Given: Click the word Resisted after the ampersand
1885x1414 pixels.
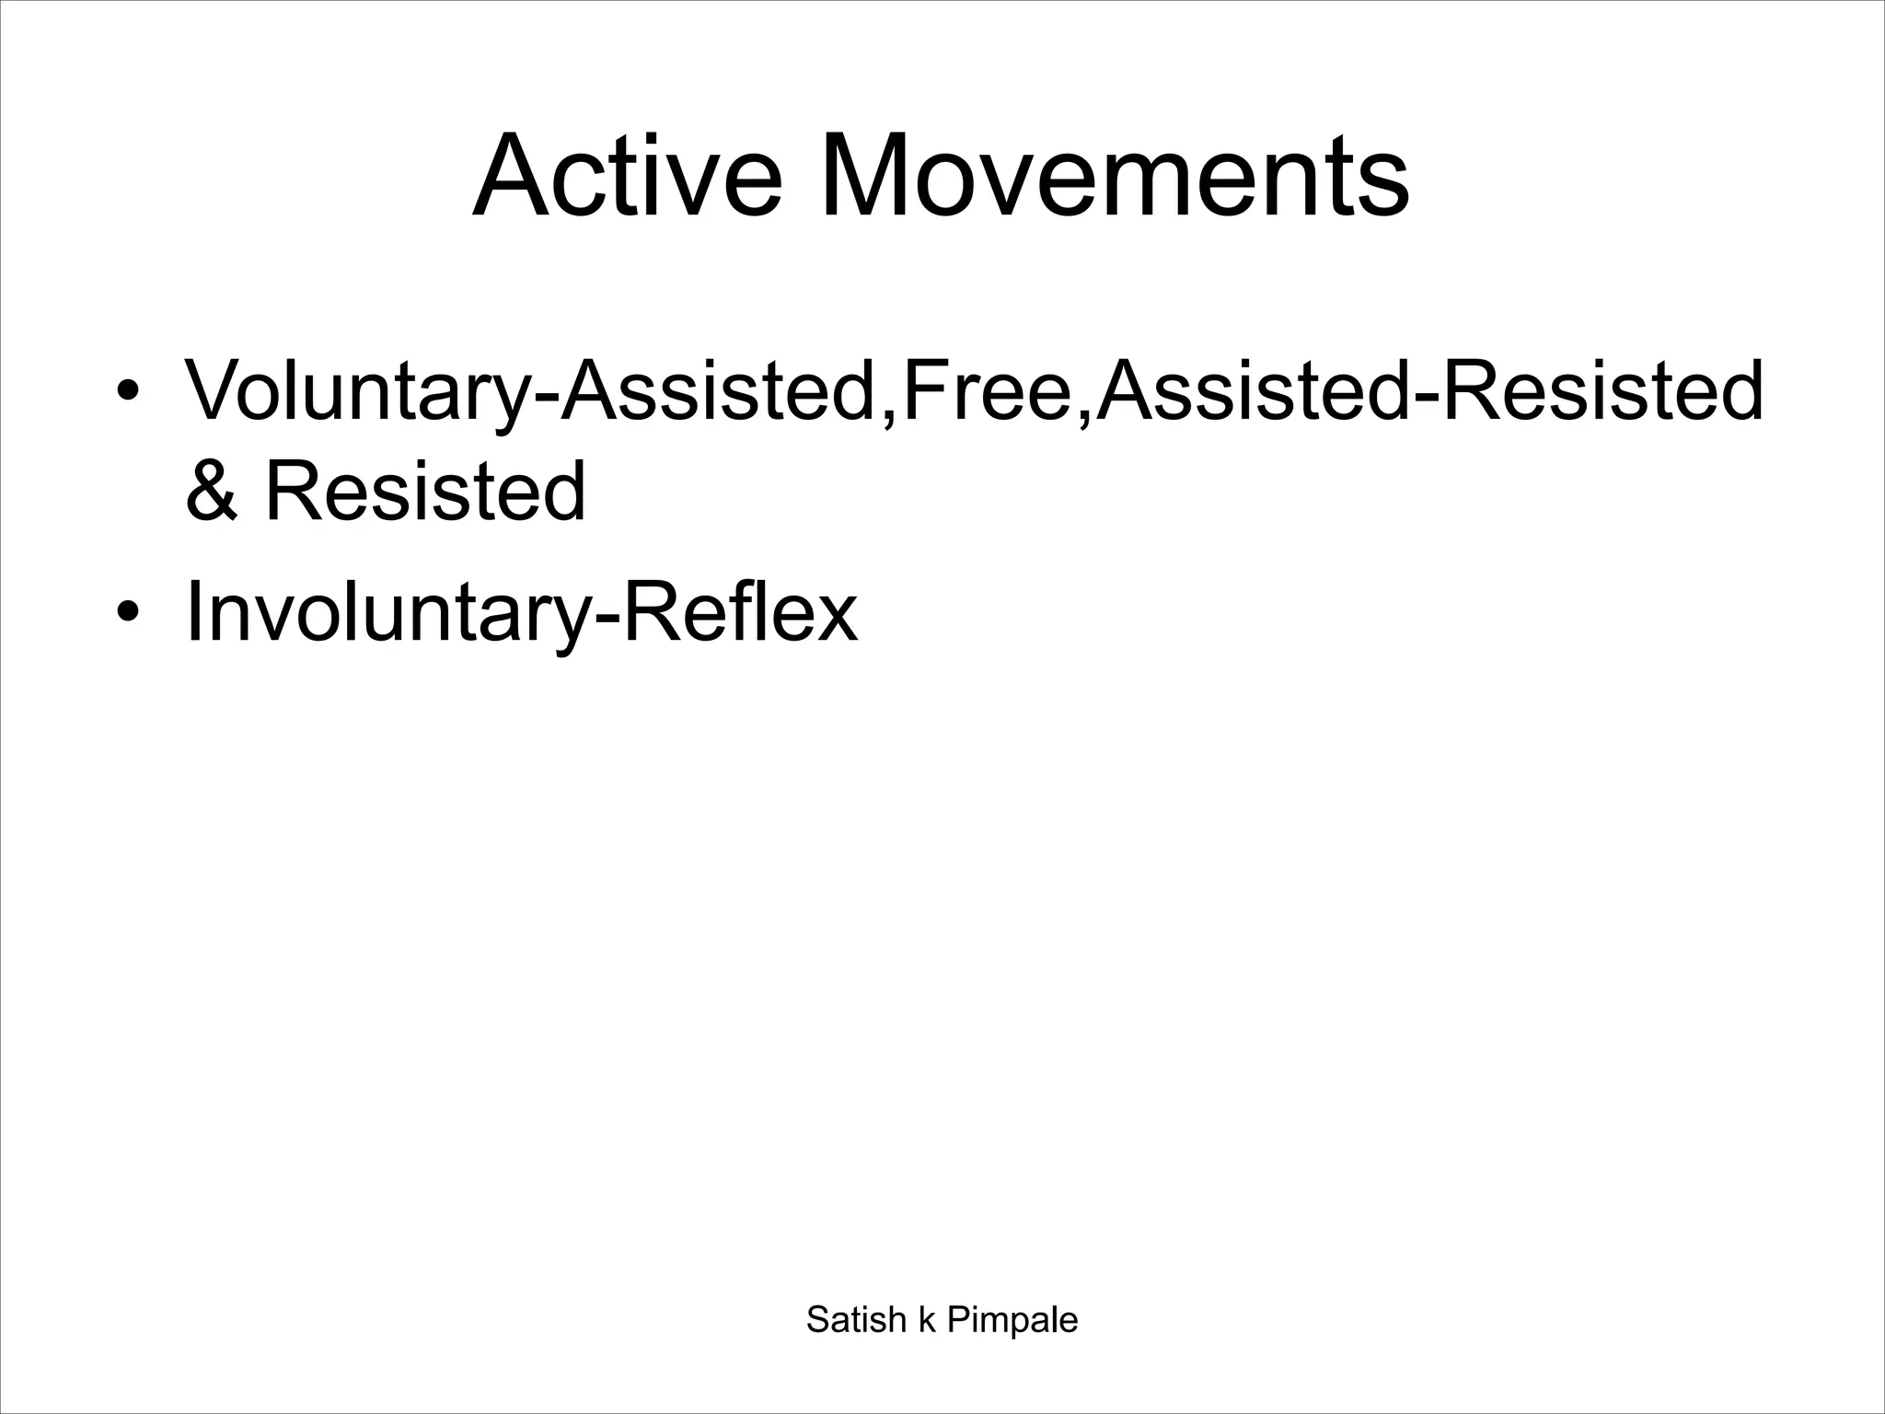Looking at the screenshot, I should click(x=425, y=490).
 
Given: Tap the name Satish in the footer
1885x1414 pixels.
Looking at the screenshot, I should click(x=856, y=1319).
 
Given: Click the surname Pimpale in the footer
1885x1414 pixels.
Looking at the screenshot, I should click(x=1012, y=1319).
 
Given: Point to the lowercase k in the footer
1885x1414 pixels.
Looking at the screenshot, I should click(x=927, y=1319).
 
